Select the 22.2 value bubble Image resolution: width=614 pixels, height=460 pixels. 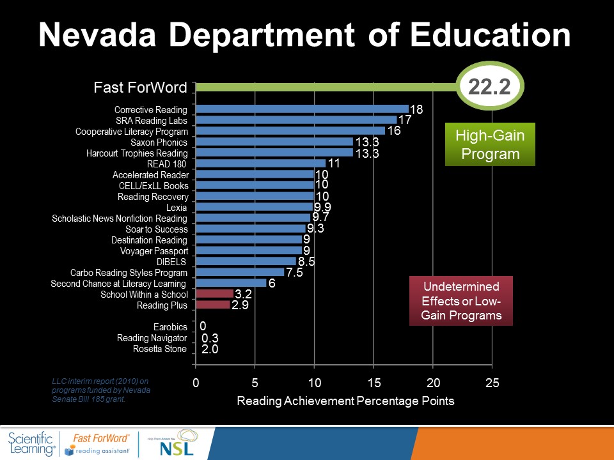pos(489,87)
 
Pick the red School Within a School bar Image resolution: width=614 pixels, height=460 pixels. pos(214,294)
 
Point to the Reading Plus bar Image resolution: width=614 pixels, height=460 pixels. pos(212,305)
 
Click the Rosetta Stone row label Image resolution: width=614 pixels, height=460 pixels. pos(160,349)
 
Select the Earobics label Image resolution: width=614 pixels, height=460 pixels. pos(170,327)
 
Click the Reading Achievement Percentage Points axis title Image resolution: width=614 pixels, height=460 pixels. pos(345,401)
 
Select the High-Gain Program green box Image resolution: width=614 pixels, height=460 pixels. pos(490,144)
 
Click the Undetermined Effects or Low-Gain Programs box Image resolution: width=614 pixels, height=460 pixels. pos(460,301)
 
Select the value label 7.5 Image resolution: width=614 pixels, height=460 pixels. pos(294,272)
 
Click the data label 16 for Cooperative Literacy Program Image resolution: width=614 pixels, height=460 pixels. pos(393,131)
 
